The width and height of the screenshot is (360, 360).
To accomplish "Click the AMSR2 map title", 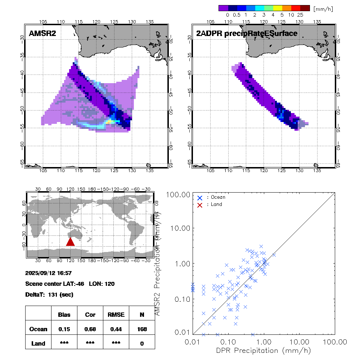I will [42, 33].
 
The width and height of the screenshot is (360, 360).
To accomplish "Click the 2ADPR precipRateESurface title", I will [247, 33].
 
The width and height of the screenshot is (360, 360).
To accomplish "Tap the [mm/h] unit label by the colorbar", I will [323, 8].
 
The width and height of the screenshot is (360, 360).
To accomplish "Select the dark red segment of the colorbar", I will [305, 8].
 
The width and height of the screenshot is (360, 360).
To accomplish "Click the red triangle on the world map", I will [70, 242].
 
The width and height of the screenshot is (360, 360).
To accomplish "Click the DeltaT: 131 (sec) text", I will [49, 294].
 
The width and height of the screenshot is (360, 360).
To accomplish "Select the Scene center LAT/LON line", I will [70, 284].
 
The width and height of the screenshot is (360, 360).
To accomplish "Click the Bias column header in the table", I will [64, 315].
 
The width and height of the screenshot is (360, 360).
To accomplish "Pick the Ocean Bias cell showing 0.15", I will [64, 329].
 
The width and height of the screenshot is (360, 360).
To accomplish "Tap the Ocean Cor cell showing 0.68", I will [90, 329].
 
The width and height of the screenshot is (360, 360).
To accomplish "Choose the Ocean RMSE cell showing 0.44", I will [116, 329].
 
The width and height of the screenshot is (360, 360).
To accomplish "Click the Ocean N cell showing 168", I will [142, 329].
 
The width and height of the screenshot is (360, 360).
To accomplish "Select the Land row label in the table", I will [38, 343].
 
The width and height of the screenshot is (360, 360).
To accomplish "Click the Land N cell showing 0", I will [142, 343].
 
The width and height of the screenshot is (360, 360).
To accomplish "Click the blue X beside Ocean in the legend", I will [200, 197].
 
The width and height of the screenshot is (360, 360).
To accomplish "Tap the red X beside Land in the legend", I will [200, 204].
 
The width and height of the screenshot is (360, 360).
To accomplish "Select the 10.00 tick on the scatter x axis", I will [300, 341].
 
